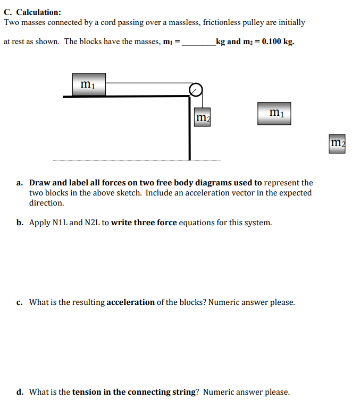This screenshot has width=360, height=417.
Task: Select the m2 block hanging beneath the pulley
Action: pyautogui.click(x=202, y=117)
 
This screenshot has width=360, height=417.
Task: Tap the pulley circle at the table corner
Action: pyautogui.click(x=196, y=90)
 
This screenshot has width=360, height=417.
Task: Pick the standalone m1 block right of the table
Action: pyautogui.click(x=274, y=113)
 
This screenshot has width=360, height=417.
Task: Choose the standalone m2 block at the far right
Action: pyautogui.click(x=337, y=143)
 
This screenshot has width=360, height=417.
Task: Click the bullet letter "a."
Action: pyautogui.click(x=20, y=183)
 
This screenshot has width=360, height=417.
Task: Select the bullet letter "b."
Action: pyautogui.click(x=20, y=223)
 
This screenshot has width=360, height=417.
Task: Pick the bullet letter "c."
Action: pyautogui.click(x=19, y=302)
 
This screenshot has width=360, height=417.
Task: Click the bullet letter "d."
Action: pyautogui.click(x=20, y=392)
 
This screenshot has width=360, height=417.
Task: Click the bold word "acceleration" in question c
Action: pyautogui.click(x=130, y=302)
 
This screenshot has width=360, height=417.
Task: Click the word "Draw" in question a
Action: pyautogui.click(x=39, y=183)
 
